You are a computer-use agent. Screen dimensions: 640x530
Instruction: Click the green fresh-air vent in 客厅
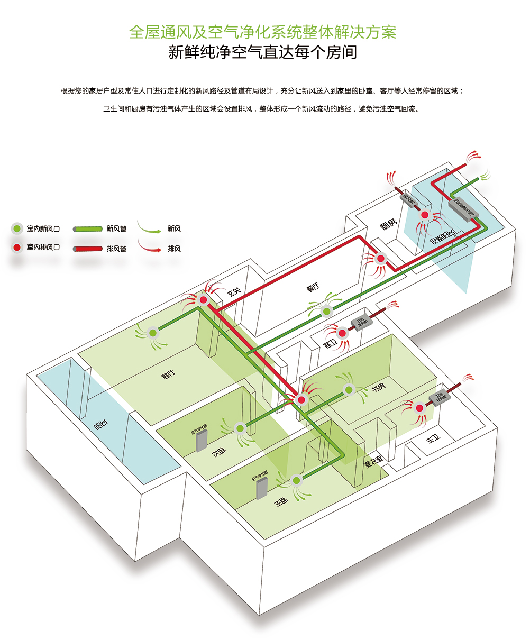[x=153, y=333]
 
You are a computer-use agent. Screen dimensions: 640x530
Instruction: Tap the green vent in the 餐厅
[x=326, y=312]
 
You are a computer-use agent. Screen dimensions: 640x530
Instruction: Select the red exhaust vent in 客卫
[x=342, y=333]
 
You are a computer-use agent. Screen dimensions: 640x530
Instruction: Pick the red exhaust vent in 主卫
[x=419, y=408]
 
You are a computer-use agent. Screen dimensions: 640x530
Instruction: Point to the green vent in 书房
[x=349, y=390]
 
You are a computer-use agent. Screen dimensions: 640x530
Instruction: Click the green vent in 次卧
[x=240, y=427]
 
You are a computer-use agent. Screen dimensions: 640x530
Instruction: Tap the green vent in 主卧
[x=296, y=480]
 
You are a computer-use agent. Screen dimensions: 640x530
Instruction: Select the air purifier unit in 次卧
[x=202, y=440]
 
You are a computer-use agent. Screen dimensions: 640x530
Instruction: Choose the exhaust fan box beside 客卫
[x=362, y=322]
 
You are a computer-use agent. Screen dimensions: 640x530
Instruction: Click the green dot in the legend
[x=17, y=229]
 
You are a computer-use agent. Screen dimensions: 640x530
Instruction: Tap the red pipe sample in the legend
[x=87, y=248]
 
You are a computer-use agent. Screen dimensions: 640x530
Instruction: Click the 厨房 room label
[x=389, y=224]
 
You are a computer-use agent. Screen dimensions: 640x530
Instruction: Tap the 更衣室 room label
[x=374, y=462]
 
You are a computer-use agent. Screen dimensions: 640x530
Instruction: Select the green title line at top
[x=263, y=32]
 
